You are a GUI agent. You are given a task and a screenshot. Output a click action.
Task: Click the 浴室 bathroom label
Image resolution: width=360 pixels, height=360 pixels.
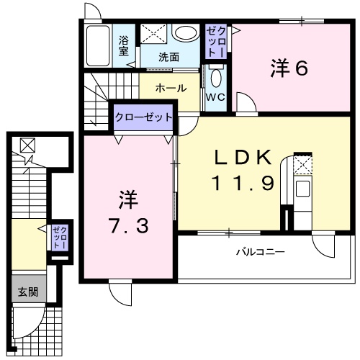coord(124,45)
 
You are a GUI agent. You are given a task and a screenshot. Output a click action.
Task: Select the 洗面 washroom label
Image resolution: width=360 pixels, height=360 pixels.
coord(169,56)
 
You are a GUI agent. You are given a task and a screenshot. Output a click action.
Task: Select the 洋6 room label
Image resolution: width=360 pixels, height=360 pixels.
coord(290,68)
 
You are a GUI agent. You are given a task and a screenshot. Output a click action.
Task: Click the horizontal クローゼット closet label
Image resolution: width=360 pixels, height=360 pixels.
coord(144,117)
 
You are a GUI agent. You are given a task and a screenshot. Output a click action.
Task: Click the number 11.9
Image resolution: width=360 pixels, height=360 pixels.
coord(243,183)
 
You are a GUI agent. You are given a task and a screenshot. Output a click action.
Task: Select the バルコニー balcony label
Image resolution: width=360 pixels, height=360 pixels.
coord(261,252)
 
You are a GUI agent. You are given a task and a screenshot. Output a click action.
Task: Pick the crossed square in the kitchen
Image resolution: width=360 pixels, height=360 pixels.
coord(303,166)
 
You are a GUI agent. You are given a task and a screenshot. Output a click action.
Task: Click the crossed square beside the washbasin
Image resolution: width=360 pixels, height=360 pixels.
coord(152,33)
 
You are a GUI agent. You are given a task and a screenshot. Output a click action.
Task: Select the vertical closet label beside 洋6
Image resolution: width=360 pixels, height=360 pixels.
coord(217,40)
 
